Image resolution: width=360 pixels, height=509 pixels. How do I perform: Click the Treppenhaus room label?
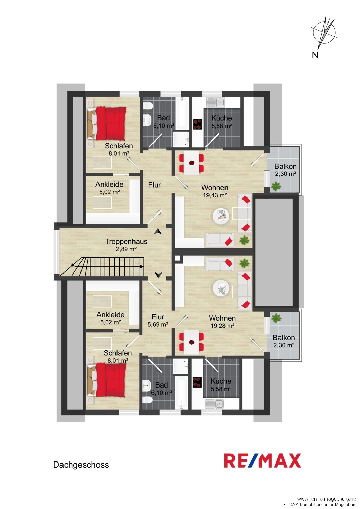point(126,241)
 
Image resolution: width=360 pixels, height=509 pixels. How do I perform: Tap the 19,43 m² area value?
point(215,195)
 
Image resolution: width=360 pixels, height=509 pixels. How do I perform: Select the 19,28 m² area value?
point(222,326)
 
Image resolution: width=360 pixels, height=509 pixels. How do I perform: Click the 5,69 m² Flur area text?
point(158,324)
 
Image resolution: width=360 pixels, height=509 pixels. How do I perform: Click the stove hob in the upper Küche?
point(198,124)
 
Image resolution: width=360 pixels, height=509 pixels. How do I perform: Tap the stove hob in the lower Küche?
point(197,382)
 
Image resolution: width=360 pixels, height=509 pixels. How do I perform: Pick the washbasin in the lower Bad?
point(147,386)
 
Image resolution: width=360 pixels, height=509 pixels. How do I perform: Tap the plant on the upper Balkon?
point(276,186)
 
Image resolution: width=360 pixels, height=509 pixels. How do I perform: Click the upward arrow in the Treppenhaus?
point(158,231)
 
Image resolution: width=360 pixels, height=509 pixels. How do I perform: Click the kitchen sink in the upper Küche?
point(216,103)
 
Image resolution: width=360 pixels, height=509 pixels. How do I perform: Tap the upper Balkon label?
point(285,166)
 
